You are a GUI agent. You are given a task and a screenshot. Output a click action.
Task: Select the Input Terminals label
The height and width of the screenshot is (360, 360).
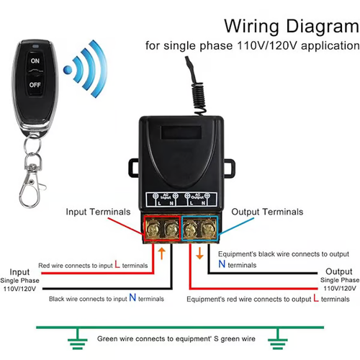coord(98,212)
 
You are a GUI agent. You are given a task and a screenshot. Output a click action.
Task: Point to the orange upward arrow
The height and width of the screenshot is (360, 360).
coord(162,253)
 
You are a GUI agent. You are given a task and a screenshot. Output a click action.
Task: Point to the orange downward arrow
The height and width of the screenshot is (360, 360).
coord(199,252)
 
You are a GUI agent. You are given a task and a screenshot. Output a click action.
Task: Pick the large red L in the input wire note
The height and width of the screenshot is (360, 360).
coord(117,265)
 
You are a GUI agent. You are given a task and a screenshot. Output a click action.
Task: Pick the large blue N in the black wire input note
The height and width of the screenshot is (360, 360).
coord(132,297)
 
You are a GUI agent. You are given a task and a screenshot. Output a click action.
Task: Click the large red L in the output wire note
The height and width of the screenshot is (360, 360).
coord(319,297)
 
